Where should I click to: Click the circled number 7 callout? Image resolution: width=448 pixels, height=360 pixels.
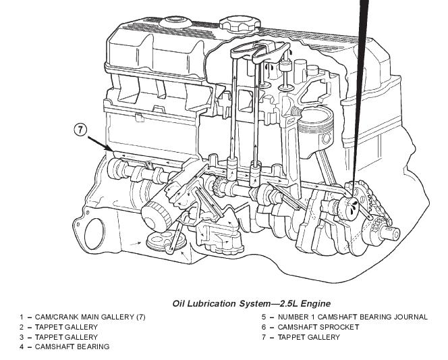click(80, 130)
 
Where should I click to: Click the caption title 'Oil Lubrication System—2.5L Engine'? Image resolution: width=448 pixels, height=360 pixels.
click(251, 303)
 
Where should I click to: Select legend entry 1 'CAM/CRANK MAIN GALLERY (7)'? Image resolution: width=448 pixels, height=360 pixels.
click(82, 317)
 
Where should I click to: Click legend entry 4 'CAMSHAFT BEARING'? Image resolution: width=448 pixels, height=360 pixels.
click(64, 347)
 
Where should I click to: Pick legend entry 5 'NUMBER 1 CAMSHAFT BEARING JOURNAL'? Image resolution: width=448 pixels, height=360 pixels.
click(344, 317)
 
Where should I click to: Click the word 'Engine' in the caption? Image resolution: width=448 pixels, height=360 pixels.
click(315, 303)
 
